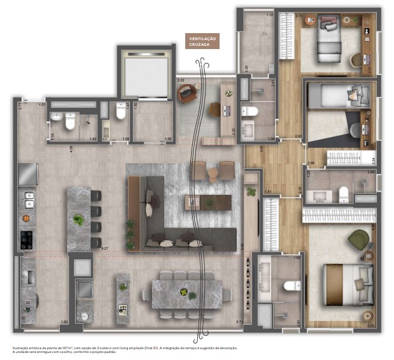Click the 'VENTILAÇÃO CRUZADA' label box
coord(202,41)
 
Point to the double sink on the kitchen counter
coord(28,203)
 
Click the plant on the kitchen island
coord(79,220)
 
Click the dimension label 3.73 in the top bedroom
coord(299,15)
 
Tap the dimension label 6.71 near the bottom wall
coord(239,322)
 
